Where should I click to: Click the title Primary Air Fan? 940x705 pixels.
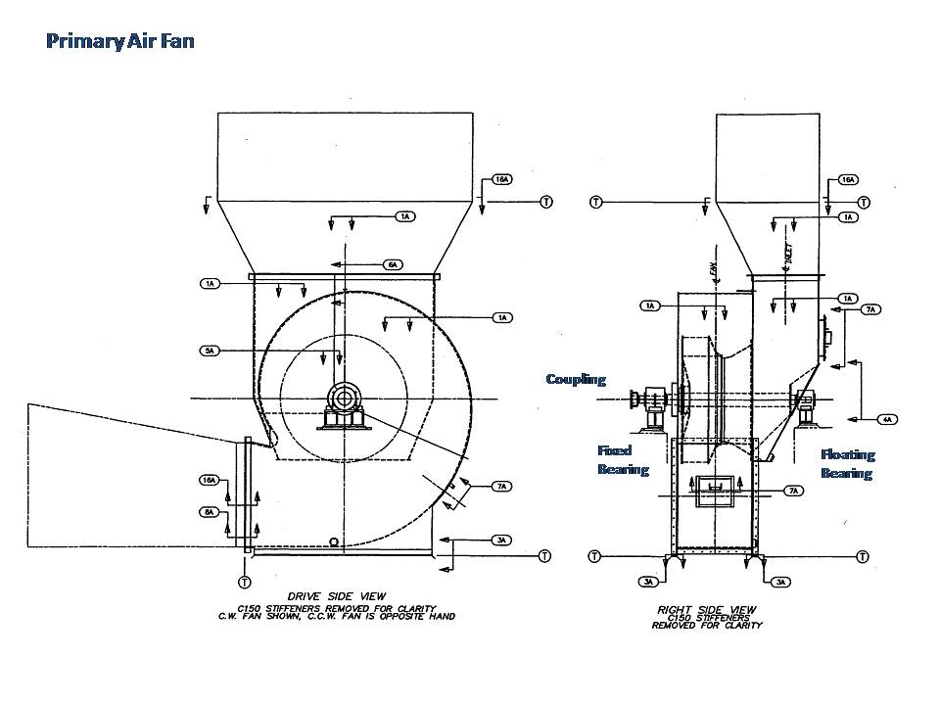[x=119, y=41]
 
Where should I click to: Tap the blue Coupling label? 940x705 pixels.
[x=576, y=379]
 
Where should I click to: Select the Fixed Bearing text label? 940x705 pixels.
[x=623, y=460]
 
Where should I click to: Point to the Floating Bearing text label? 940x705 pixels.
[x=847, y=463]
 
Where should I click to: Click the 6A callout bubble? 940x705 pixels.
[x=393, y=264]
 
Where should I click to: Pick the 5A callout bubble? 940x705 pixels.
[x=209, y=351]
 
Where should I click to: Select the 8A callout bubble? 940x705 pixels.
[x=209, y=512]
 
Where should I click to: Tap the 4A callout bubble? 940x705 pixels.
[x=886, y=419]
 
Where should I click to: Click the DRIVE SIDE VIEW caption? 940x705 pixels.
[x=337, y=595]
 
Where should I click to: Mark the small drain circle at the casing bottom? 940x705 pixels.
[x=335, y=541]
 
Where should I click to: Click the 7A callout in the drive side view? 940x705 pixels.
[x=502, y=486]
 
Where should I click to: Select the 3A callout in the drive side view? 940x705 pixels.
[x=500, y=540]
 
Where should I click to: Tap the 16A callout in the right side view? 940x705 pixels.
[x=849, y=180]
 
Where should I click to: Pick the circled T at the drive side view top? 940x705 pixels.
[x=545, y=202]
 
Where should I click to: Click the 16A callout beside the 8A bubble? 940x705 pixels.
[x=209, y=480]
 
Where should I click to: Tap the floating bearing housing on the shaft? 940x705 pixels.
[x=806, y=401]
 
